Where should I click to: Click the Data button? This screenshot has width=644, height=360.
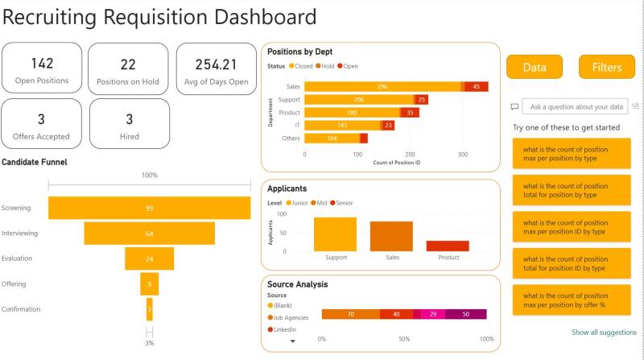535,68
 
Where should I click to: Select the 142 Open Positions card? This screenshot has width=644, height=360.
42,69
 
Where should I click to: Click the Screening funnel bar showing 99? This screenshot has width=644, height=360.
150,208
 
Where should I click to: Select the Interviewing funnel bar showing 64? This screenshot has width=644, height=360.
150,234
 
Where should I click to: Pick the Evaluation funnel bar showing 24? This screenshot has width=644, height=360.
150,259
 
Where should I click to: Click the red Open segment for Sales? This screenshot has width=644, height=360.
477,86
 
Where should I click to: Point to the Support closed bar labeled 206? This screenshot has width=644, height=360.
359,99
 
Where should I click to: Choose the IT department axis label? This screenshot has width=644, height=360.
296,125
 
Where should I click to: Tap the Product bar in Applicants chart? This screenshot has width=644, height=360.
448,246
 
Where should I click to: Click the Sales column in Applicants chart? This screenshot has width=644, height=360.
392,236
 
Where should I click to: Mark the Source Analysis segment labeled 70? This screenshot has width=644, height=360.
350,314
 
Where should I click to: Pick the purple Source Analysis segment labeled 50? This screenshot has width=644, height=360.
466,314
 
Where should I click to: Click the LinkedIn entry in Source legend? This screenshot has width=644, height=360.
283,329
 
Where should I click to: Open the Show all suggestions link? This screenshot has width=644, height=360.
604,332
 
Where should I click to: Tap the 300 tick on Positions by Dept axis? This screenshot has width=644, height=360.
462,153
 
